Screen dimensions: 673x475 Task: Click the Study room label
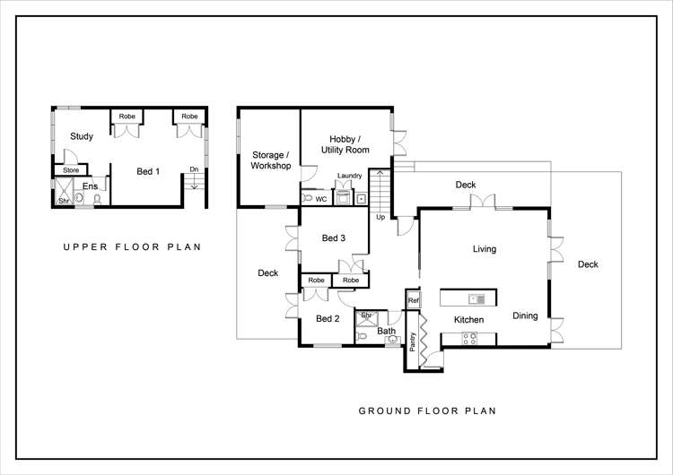(82, 136)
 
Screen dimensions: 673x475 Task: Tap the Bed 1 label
(148, 171)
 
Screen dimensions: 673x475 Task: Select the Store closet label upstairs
(71, 170)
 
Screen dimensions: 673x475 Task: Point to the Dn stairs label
(194, 169)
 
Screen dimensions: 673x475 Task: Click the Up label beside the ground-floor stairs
(380, 218)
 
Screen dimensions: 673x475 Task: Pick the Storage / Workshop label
(271, 160)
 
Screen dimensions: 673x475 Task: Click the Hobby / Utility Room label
(345, 144)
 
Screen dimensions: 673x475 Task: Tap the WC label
(321, 199)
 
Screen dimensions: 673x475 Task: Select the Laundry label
(349, 176)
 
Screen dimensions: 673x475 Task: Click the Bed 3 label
(334, 237)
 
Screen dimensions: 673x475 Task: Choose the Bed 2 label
(328, 318)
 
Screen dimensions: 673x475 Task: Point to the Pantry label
(413, 341)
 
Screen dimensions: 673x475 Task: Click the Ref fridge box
(414, 300)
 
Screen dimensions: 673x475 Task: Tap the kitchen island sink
(476, 299)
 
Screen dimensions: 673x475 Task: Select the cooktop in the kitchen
(469, 339)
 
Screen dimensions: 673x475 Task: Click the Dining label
(525, 316)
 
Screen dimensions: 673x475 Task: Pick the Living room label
(485, 249)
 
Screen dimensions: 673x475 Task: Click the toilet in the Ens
(98, 200)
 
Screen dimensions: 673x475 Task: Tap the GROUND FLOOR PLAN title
(427, 410)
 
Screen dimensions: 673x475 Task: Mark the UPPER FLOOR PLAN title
(132, 247)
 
